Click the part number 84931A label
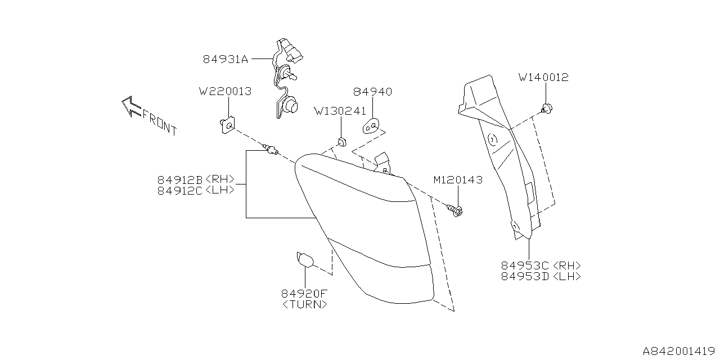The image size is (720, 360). point(225,58)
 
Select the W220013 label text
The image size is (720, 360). point(225,91)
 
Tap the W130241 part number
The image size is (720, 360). point(340,111)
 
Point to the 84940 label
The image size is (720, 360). point(372,92)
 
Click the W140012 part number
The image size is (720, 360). point(543,78)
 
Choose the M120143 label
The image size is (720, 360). point(457,180)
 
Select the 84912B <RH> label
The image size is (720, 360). point(196,180)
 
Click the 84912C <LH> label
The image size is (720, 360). point(196,190)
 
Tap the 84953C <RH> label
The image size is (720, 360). point(541,265)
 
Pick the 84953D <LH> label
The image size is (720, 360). point(541,276)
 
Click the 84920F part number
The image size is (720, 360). point(304,294)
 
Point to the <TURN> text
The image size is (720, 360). point(304,304)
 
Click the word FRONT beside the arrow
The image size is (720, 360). point(159,122)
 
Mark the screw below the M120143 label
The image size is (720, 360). point(456,211)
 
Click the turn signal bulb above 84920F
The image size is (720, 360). point(304,260)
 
